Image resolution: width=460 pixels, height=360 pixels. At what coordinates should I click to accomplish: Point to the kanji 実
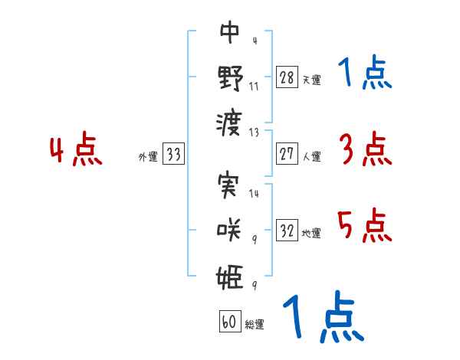click(230, 187)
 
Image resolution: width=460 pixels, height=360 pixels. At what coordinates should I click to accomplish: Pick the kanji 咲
click(230, 231)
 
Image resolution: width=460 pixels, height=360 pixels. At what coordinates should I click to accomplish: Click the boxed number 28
click(287, 77)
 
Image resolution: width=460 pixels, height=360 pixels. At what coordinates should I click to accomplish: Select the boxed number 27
click(287, 154)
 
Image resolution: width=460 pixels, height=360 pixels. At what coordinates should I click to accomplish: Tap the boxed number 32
click(287, 231)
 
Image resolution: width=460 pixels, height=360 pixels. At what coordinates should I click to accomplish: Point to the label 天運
click(311, 80)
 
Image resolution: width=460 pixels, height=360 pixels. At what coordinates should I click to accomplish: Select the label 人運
click(311, 156)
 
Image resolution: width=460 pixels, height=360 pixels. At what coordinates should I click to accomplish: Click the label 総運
click(254, 324)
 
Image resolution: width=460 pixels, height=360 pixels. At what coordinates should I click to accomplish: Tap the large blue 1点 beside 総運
click(323, 316)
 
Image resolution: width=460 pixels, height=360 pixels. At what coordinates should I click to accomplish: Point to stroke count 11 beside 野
click(254, 87)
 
